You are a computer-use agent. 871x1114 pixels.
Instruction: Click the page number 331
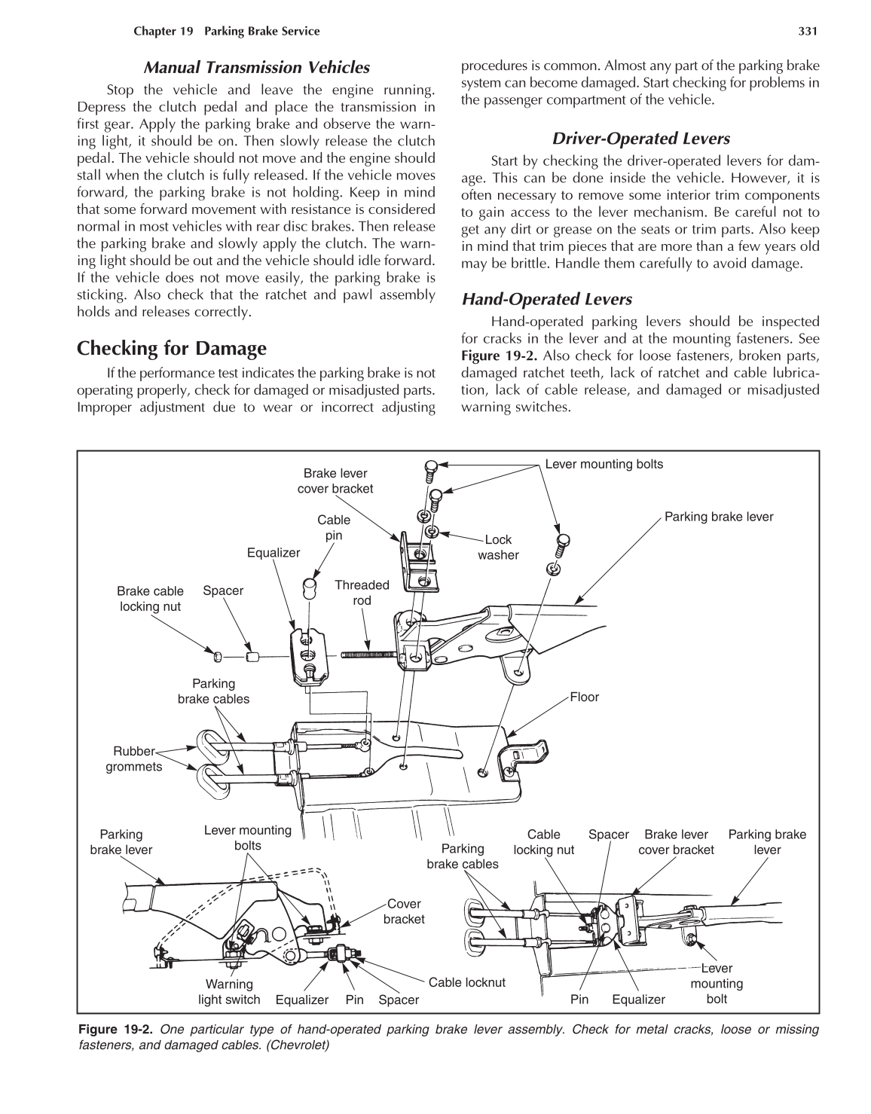pyautogui.click(x=808, y=31)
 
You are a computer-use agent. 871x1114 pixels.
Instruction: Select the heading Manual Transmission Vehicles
pyautogui.click(x=256, y=67)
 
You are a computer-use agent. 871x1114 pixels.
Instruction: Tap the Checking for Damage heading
pyautogui.click(x=172, y=348)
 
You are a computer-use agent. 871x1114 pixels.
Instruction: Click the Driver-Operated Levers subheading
pyautogui.click(x=640, y=138)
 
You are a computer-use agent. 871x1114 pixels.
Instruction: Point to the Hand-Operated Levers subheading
pyautogui.click(x=546, y=299)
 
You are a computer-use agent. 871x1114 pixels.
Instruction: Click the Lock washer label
pyautogui.click(x=498, y=548)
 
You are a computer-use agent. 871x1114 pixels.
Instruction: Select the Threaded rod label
pyautogui.click(x=362, y=592)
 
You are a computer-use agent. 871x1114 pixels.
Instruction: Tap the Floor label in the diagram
pyautogui.click(x=584, y=697)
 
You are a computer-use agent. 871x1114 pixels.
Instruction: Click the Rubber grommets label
pyautogui.click(x=133, y=759)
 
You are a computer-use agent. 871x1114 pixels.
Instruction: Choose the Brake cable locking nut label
pyautogui.click(x=150, y=598)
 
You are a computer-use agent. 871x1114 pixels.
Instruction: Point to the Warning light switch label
pyautogui.click(x=229, y=992)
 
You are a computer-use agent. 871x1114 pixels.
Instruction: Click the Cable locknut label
pyautogui.click(x=466, y=982)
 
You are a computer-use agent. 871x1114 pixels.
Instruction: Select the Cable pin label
pyautogui.click(x=334, y=527)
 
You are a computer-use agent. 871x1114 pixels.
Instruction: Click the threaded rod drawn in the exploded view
pyautogui.click(x=368, y=654)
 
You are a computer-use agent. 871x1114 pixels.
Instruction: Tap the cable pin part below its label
pyautogui.click(x=309, y=586)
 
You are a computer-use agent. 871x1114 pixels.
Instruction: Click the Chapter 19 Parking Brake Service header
pyautogui.click(x=226, y=31)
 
